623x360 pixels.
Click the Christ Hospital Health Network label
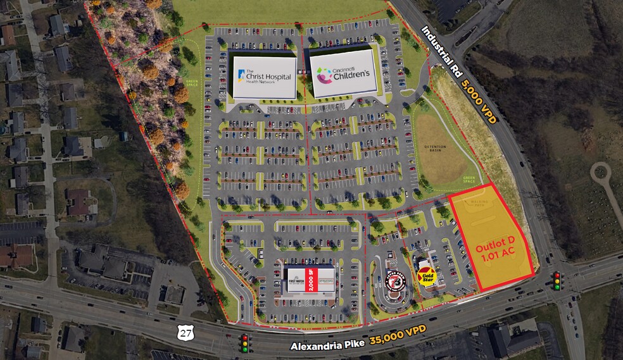(x=265, y=77)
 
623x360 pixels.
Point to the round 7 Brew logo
(x=396, y=280)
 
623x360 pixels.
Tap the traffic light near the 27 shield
(x=243, y=342)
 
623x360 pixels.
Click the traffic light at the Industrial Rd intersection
(x=558, y=280)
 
